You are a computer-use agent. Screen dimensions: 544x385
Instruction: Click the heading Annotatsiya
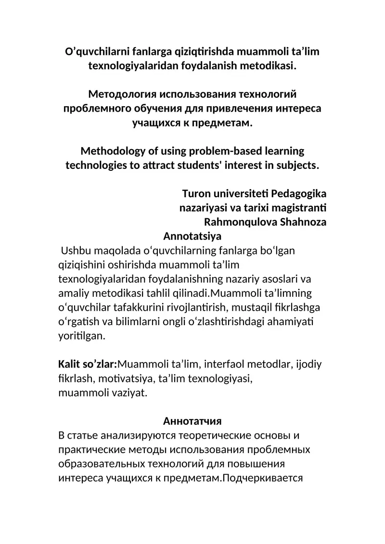pos(192,236)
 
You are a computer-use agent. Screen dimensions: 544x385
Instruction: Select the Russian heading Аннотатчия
pos(192,421)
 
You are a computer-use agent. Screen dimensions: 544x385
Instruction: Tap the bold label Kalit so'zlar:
pos(88,364)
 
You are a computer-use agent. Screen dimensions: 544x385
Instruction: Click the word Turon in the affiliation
pos(197,194)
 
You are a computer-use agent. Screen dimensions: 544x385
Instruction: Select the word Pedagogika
pos(299,194)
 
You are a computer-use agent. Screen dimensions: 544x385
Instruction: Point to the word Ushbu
pos(75,251)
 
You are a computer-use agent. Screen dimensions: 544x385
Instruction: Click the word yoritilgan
pos(81,336)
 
